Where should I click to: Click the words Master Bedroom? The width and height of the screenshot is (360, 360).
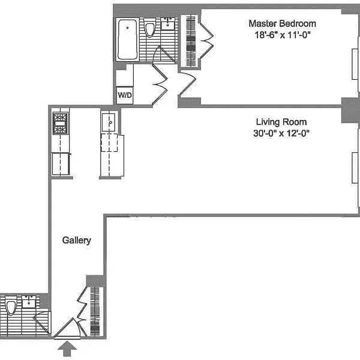point(282,23)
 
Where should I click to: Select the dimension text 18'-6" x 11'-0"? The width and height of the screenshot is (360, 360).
point(282,35)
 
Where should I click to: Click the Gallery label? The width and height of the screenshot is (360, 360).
point(77,241)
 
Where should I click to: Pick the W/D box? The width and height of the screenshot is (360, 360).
point(125,95)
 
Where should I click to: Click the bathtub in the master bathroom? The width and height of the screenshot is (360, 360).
point(127,40)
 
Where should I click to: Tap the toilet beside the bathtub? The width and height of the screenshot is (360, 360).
point(150,28)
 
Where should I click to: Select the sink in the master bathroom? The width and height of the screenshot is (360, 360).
point(167,24)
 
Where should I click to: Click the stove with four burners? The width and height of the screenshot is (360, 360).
point(61,123)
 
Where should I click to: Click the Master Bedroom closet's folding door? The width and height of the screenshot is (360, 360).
point(206,40)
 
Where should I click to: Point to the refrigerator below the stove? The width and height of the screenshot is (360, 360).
point(61,163)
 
